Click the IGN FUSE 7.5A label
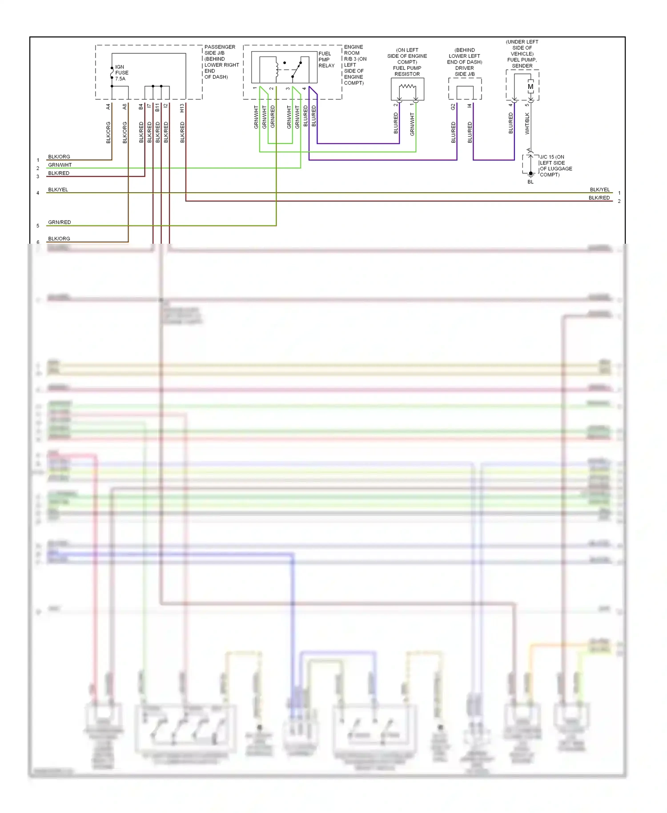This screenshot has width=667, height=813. [121, 73]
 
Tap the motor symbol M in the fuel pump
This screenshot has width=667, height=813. [530, 87]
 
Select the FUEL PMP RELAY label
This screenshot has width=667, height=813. [326, 60]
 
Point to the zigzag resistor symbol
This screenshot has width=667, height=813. [407, 87]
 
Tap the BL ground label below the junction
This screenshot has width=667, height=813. [530, 182]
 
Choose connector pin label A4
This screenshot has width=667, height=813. [108, 107]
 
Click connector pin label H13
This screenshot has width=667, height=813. [182, 108]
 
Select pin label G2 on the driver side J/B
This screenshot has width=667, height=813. [453, 107]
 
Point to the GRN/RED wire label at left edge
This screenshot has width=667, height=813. [60, 222]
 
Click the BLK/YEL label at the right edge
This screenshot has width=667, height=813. [600, 189]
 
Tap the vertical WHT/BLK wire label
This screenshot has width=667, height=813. [527, 123]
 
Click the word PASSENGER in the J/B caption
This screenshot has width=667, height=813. [220, 47]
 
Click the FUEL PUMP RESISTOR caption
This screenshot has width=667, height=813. [407, 71]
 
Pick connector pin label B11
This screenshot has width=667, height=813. [157, 107]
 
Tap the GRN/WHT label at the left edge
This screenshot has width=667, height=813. [60, 165]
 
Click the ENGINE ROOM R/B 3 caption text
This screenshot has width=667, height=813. [355, 53]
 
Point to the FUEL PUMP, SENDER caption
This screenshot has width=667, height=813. [522, 63]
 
